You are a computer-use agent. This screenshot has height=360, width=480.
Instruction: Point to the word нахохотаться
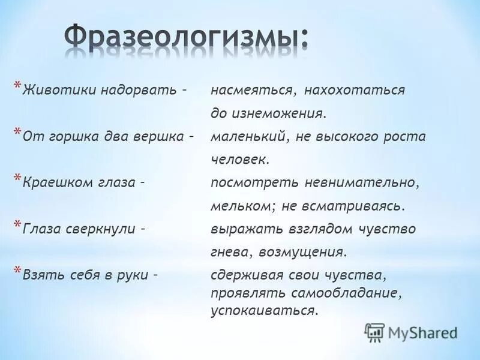click(354, 90)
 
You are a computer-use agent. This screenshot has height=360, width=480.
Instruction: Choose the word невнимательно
click(356, 182)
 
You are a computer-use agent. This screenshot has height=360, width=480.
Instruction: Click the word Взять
click(40, 275)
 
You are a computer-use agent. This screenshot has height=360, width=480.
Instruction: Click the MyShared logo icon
click(374, 332)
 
